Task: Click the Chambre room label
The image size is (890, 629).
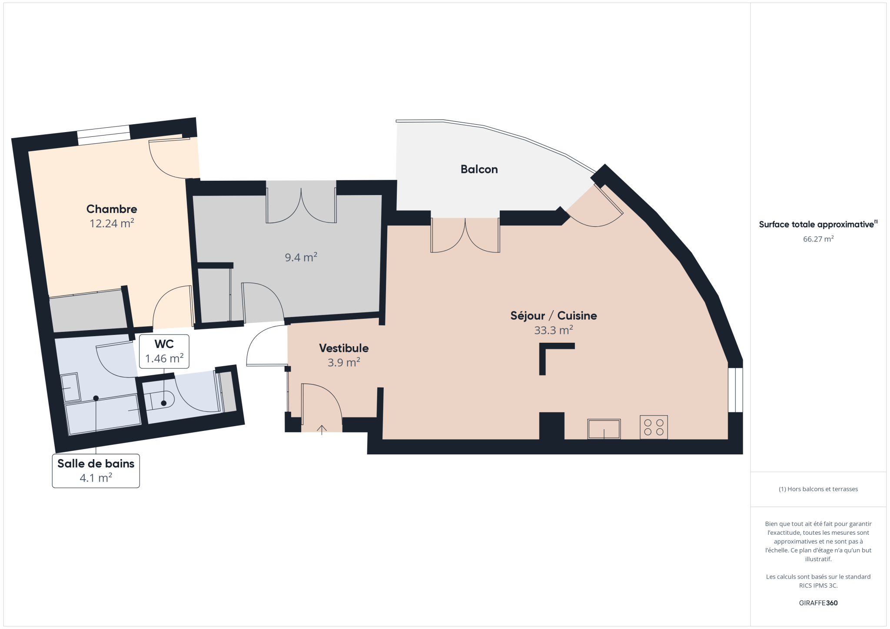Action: [x=112, y=209]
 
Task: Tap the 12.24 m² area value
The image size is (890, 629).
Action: [x=112, y=223]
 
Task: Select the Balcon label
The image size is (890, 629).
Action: [x=479, y=169]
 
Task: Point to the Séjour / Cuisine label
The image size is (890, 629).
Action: [x=554, y=316]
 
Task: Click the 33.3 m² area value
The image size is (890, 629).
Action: [x=554, y=330]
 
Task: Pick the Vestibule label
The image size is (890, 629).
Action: [x=344, y=348]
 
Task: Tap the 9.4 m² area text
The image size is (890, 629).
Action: [x=301, y=257]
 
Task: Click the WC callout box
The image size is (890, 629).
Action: [x=164, y=351]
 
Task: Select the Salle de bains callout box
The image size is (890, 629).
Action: [x=96, y=471]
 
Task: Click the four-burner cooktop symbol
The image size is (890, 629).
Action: [x=654, y=427]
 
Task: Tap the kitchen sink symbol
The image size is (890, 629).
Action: [x=604, y=429]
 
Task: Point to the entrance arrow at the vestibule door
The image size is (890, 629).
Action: [x=322, y=430]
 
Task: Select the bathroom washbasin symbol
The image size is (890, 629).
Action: [x=70, y=387]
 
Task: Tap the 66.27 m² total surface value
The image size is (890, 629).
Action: [x=818, y=239]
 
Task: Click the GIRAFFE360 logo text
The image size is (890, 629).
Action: [x=818, y=603]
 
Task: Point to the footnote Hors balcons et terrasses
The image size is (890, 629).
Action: [x=818, y=489]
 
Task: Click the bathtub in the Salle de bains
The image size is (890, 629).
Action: [x=103, y=414]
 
